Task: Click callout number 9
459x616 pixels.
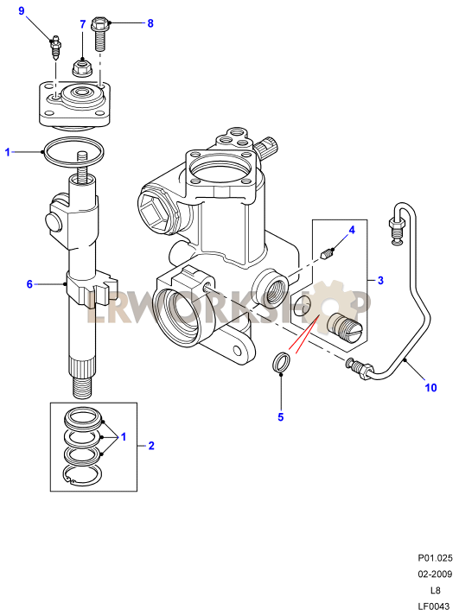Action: tap(22, 11)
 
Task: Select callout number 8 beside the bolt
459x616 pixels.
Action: tap(150, 23)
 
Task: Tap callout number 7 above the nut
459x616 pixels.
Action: tap(82, 24)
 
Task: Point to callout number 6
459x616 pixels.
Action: tap(29, 283)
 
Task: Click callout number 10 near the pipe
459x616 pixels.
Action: tap(430, 388)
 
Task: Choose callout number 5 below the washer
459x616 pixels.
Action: tap(281, 416)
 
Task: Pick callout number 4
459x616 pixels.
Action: tap(352, 230)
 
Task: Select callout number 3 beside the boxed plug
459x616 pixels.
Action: tap(380, 281)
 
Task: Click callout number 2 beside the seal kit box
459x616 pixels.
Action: tap(151, 446)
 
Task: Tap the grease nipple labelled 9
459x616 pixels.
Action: tap(55, 48)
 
